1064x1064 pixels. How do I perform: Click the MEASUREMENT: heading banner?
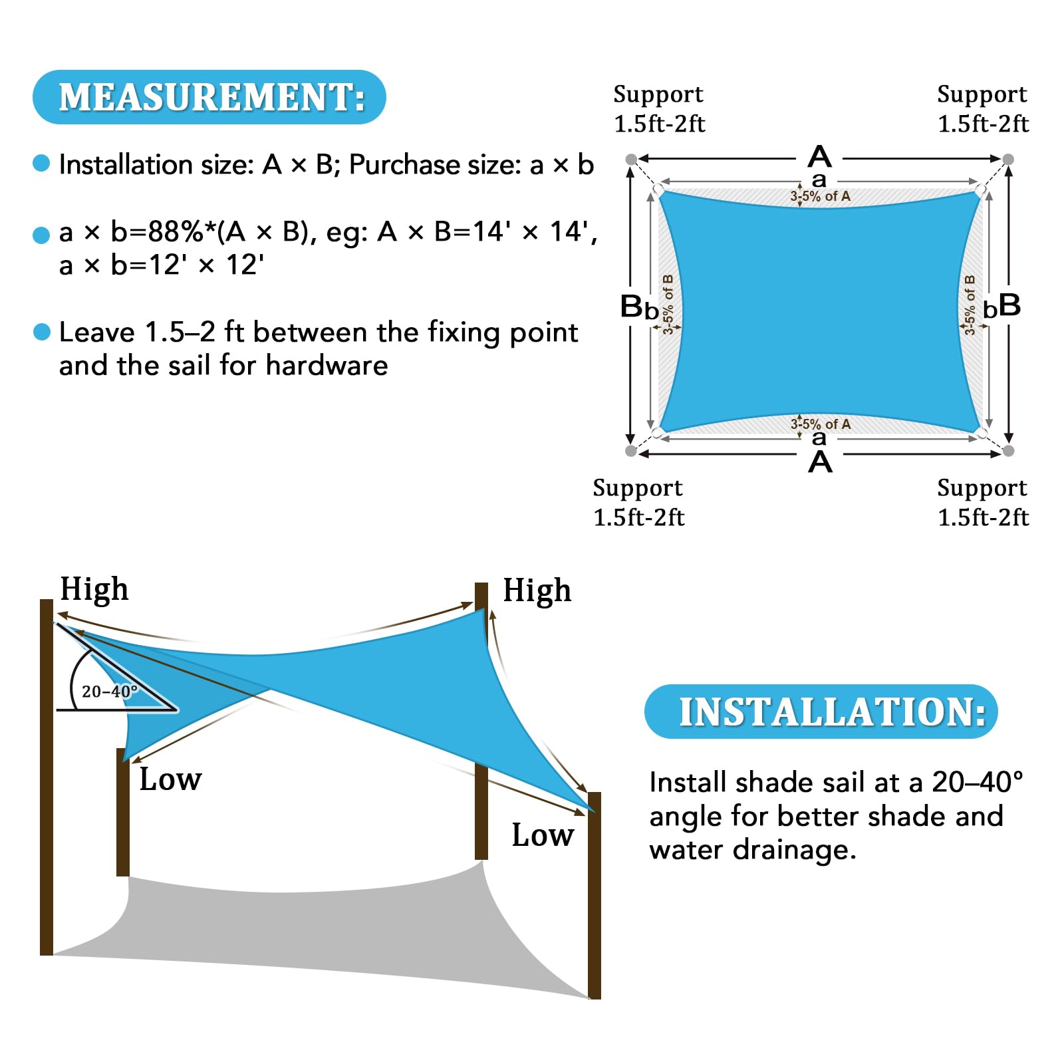209,97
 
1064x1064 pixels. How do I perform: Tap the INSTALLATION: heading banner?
821,712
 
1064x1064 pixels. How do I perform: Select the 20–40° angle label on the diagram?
109,692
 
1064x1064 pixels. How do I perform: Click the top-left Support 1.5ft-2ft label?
658,108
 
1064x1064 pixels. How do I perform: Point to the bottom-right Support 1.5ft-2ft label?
982,502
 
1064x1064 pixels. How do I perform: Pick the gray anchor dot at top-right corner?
1008,159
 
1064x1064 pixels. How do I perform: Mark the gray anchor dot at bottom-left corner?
631,451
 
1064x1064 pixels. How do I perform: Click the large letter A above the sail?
819,157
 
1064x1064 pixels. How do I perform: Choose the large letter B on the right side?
1009,305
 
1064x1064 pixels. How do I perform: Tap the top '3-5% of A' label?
820,196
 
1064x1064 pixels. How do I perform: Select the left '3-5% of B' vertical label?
668,303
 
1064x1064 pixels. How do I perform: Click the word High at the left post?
94,589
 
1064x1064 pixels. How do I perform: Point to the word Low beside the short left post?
170,779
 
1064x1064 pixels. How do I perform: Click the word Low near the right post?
543,835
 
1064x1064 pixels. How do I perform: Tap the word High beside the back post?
537,591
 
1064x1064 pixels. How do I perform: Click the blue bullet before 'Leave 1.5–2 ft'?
42,332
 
